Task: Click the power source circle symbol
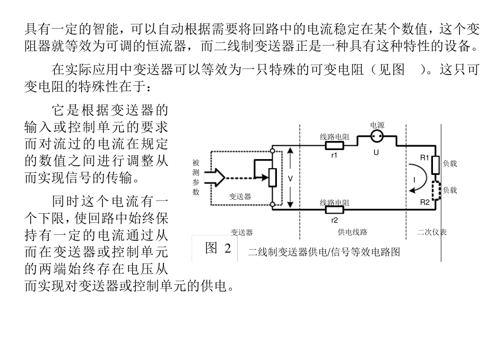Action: pyautogui.click(x=377, y=137)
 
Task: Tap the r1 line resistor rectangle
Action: pyautogui.click(x=335, y=145)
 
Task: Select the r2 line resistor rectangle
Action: pyautogui.click(x=335, y=210)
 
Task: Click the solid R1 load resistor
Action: pyautogui.click(x=436, y=165)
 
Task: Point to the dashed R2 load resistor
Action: pyautogui.click(x=436, y=191)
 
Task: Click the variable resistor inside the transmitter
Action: pyautogui.click(x=272, y=177)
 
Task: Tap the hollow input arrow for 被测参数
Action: pyautogui.click(x=214, y=178)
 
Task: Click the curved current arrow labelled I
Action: pyautogui.click(x=419, y=179)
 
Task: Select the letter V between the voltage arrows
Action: pyautogui.click(x=290, y=179)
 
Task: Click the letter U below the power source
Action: pyautogui.click(x=376, y=152)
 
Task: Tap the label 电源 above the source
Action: pyautogui.click(x=377, y=125)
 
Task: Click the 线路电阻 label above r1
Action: pyautogui.click(x=334, y=137)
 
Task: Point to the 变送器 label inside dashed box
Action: pyautogui.click(x=240, y=196)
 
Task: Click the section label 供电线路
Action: pyautogui.click(x=352, y=232)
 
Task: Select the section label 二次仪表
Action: pyautogui.click(x=432, y=232)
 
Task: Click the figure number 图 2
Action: pyautogui.click(x=218, y=248)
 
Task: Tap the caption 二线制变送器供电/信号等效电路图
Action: pyautogui.click(x=324, y=252)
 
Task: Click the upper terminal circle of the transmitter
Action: pyautogui.click(x=272, y=151)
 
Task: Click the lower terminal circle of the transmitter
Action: pyautogui.click(x=272, y=204)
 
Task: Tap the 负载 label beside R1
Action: pyautogui.click(x=450, y=163)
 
